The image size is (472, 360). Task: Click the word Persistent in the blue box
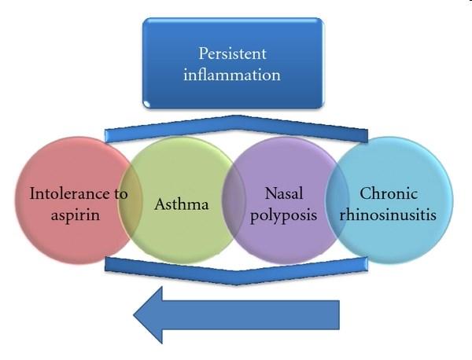click(232, 54)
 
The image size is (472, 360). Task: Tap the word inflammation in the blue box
click(232, 75)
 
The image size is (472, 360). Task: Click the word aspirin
click(76, 215)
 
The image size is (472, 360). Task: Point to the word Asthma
click(182, 204)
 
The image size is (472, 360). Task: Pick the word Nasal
click(284, 193)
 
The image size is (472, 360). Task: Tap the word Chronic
click(389, 193)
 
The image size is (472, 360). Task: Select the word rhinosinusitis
click(388, 215)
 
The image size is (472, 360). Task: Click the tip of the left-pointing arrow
click(134, 315)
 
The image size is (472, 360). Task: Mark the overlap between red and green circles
click(130, 200)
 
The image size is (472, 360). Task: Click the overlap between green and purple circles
click(234, 200)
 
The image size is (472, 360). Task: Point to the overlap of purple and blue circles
click(337, 200)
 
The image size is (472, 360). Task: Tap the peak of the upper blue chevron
click(238, 116)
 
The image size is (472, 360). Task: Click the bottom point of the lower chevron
click(237, 285)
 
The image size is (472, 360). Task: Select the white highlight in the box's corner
click(147, 104)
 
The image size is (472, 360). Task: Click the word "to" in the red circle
click(120, 194)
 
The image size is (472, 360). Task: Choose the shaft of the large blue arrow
click(251, 315)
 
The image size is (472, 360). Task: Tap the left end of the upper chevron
click(105, 136)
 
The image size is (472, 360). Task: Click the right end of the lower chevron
click(367, 264)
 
